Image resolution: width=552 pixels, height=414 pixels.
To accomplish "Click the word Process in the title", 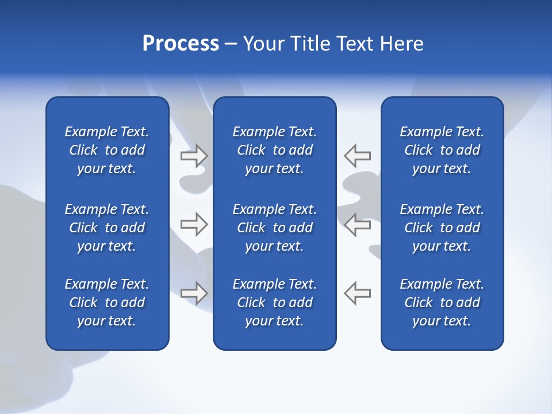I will click(181, 44).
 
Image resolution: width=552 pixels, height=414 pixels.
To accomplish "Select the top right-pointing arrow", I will click(194, 155).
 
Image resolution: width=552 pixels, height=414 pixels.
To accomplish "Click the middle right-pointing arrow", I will click(194, 224).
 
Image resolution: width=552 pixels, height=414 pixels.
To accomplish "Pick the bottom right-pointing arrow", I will click(194, 293).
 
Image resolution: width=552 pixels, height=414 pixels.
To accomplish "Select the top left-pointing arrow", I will click(358, 155).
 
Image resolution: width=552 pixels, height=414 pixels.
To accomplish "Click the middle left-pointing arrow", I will click(358, 224).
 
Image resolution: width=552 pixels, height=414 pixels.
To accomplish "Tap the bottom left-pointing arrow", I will click(358, 293).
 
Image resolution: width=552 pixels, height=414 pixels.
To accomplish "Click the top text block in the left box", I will click(107, 150).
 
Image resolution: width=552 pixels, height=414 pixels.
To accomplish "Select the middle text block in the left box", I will click(107, 228).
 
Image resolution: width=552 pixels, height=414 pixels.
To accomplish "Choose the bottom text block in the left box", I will click(107, 302).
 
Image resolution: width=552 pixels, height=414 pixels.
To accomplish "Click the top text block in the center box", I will click(275, 150).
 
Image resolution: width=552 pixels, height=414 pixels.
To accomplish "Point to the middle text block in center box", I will click(275, 228).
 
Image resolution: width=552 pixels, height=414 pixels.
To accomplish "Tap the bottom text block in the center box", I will click(275, 302).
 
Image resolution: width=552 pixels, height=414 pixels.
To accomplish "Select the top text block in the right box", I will click(442, 150).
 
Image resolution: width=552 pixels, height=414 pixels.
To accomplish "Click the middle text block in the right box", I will click(442, 228).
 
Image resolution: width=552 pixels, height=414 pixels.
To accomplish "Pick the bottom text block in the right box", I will click(442, 302).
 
